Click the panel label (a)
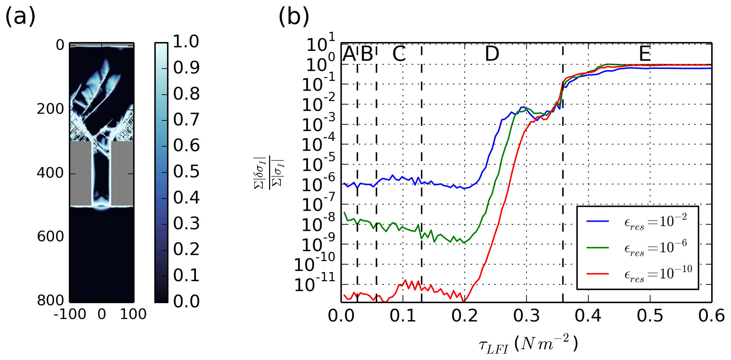(20, 17)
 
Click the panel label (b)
(294, 17)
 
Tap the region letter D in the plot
(492, 54)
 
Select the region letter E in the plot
(645, 54)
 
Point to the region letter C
(399, 54)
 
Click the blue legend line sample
(597, 221)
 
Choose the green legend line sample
(597, 248)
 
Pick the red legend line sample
(597, 274)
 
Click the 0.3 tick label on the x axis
(526, 315)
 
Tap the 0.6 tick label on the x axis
(711, 315)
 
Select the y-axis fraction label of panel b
(269, 173)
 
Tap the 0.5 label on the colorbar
(186, 172)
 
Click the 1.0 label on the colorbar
(186, 42)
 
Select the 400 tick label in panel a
(50, 173)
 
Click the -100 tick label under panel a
(70, 314)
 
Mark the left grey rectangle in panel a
(81, 173)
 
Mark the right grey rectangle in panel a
(122, 173)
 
